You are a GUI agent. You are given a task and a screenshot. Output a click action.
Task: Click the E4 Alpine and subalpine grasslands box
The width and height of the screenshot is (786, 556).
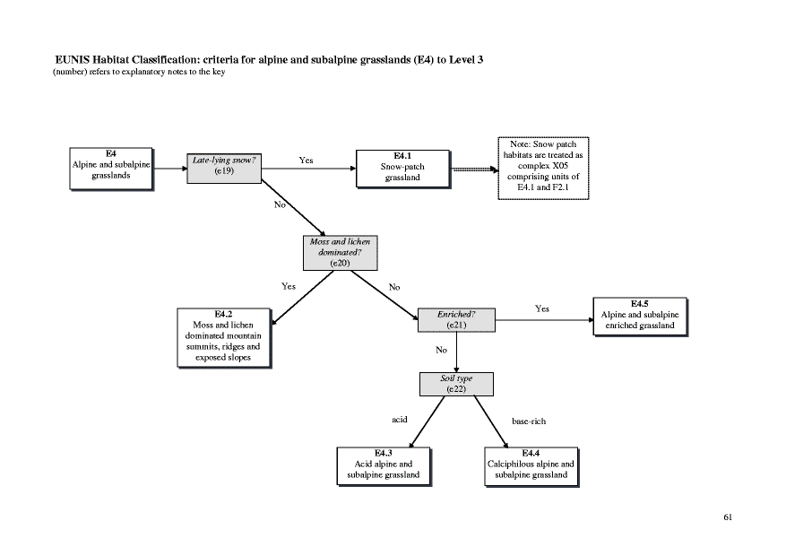[111, 168]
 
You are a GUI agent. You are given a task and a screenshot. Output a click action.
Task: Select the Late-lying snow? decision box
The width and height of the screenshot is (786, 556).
[224, 166]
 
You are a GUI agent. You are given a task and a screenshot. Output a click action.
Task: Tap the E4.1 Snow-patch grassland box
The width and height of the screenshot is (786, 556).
[402, 168]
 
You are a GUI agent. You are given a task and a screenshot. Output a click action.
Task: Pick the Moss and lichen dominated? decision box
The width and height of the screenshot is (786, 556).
[340, 253]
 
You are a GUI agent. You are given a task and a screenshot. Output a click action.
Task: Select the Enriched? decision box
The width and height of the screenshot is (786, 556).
[455, 319]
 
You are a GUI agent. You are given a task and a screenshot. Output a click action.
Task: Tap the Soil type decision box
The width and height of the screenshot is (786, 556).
[456, 383]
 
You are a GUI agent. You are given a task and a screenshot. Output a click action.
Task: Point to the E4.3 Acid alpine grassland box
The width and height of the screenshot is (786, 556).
[383, 465]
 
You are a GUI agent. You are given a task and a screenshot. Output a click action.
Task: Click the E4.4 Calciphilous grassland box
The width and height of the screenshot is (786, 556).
[530, 465]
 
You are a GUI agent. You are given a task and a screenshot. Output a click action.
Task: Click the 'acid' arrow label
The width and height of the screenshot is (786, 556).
[400, 420]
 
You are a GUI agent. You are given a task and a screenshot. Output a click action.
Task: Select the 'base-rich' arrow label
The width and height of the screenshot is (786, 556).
[528, 421]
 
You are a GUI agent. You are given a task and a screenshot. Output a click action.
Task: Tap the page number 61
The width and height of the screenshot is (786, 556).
[728, 517]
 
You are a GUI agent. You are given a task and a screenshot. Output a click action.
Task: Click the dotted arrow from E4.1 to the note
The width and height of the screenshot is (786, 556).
[475, 168]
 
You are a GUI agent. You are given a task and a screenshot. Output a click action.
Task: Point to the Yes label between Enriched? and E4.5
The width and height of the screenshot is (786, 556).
[541, 308]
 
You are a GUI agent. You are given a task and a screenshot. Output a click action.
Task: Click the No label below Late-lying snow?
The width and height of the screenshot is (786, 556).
[279, 204]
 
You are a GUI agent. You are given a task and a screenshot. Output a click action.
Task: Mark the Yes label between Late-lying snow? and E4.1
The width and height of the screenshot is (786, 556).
[306, 161]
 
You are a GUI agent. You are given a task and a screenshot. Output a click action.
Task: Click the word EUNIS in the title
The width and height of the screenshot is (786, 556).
[76, 59]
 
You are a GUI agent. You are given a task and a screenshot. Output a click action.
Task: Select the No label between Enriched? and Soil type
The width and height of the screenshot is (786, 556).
[441, 350]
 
